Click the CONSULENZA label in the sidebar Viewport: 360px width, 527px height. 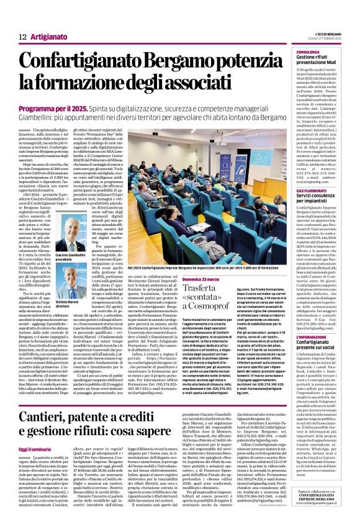308,52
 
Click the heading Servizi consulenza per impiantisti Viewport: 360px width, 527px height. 322,199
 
